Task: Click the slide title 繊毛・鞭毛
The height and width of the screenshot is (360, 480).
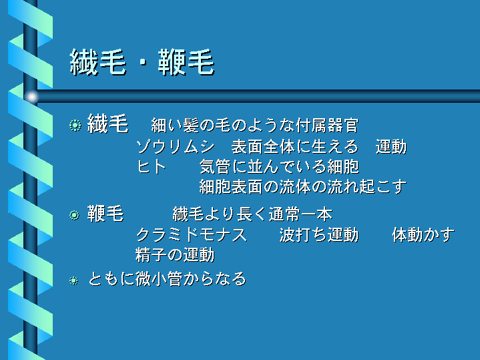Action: tap(142, 63)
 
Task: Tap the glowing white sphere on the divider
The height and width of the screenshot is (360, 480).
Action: tap(31, 97)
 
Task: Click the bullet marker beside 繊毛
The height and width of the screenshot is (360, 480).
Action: tap(75, 126)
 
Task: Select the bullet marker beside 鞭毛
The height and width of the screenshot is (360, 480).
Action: tap(74, 215)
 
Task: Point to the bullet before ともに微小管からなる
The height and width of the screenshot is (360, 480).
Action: tap(73, 281)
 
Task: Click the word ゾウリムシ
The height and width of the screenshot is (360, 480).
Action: tap(176, 147)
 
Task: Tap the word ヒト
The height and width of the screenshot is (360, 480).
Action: tap(152, 167)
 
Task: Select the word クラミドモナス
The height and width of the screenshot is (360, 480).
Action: tap(192, 235)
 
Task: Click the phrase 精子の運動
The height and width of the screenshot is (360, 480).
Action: tap(175, 255)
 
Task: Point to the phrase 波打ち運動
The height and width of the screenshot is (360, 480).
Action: tap(319, 235)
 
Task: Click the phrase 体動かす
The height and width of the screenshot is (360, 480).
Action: tap(423, 235)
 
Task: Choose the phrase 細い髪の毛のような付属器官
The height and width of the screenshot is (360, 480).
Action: tap(255, 126)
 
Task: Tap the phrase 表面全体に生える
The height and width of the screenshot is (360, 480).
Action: tap(295, 147)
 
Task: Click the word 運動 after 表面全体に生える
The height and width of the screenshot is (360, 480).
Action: tap(391, 147)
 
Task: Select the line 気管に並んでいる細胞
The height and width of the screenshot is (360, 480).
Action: tap(279, 167)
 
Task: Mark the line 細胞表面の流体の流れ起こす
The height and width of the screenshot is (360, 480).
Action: tap(303, 186)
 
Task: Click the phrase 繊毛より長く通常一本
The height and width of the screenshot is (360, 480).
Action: tap(252, 214)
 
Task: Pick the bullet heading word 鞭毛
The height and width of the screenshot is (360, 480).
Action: tap(105, 213)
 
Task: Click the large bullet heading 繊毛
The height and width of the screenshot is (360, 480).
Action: tap(107, 124)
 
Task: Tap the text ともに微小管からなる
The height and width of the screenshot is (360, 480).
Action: tap(167, 279)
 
